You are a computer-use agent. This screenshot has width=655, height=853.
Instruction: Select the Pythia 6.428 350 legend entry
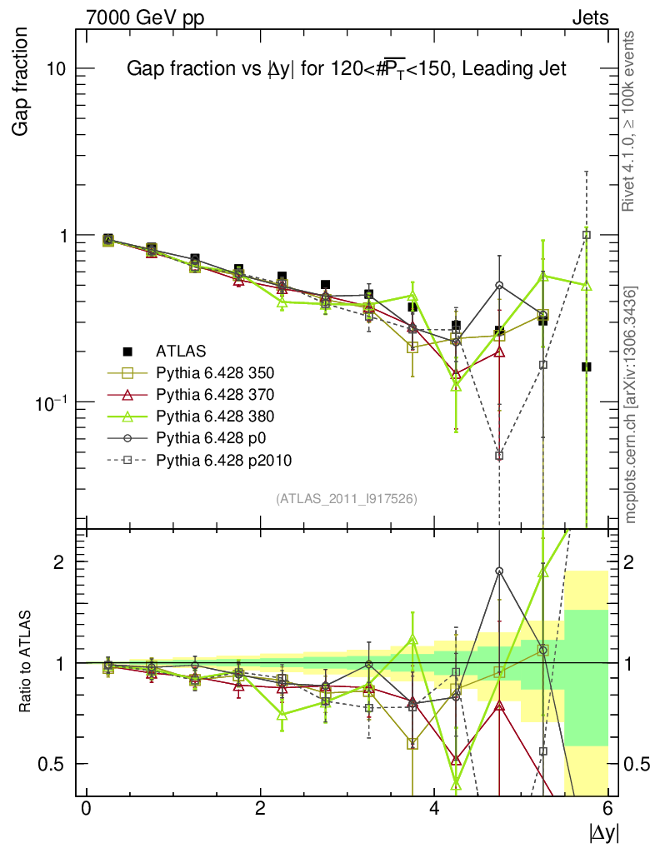222,372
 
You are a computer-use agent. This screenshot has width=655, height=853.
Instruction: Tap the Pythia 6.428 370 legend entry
222,394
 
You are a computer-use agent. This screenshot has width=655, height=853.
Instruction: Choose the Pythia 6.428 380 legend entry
222,416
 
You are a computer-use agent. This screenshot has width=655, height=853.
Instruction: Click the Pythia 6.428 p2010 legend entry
224,459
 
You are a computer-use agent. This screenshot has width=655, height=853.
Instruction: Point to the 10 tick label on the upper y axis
56,68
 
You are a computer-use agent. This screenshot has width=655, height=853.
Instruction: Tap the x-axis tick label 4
434,809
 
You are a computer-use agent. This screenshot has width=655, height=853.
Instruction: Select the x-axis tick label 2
260,809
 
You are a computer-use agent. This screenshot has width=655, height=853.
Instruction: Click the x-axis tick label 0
86,809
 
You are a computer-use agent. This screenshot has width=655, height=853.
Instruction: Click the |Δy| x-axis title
603,832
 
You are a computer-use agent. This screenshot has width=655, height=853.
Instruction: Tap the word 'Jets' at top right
589,17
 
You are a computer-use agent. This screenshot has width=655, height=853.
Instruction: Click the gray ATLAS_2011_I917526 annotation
346,498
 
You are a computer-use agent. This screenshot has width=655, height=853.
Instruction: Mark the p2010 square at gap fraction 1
587,235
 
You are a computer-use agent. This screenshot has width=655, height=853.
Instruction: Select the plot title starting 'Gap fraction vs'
346,70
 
